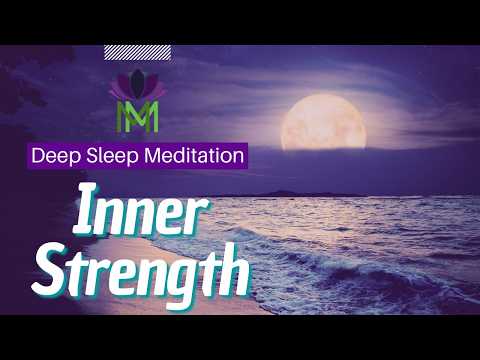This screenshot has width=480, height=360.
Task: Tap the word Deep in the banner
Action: click(x=53, y=156)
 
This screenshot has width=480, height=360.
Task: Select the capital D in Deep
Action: click(x=38, y=156)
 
